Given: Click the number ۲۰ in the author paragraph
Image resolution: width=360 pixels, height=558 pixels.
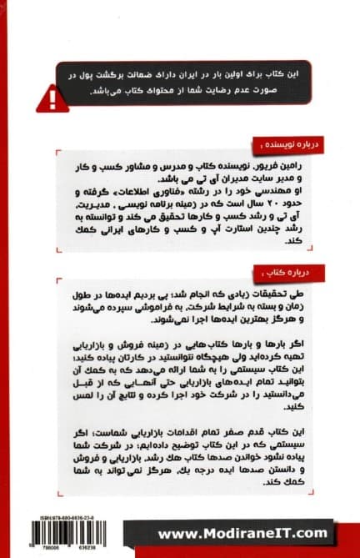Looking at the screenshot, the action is click(x=261, y=203).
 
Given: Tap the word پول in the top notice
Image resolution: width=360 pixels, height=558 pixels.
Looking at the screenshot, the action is click(x=68, y=73).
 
